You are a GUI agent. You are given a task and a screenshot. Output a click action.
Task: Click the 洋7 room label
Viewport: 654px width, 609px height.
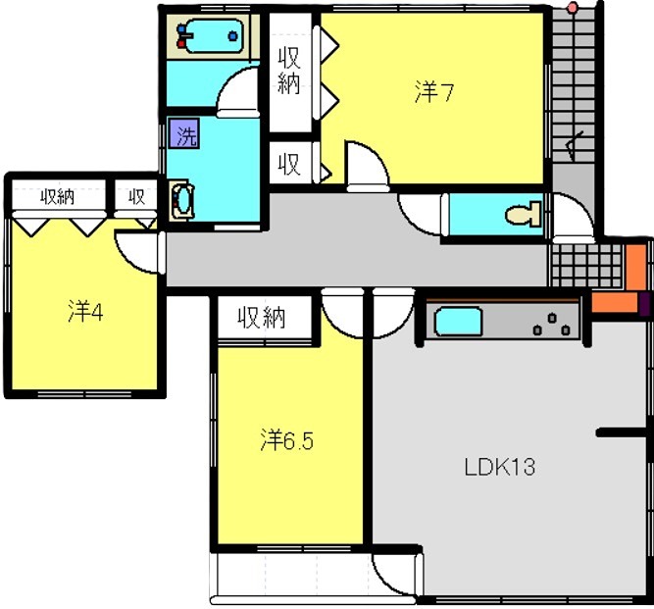pyautogui.click(x=433, y=92)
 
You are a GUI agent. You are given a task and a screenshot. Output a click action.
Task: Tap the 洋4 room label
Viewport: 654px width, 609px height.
pyautogui.click(x=85, y=311)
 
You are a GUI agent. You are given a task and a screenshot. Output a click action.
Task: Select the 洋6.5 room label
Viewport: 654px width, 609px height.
pyautogui.click(x=286, y=440)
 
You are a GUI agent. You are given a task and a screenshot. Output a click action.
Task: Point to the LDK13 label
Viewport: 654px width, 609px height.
pyautogui.click(x=500, y=467)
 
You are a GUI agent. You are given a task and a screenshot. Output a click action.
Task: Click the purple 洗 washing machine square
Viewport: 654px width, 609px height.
pyautogui.click(x=184, y=133)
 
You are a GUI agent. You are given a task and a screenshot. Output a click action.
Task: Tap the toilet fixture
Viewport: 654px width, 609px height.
pyautogui.click(x=523, y=215)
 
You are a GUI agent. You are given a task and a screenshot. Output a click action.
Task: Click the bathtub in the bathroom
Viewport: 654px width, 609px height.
pyautogui.click(x=214, y=36)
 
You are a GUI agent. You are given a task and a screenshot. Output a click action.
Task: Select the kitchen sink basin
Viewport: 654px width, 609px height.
pyautogui.click(x=458, y=322)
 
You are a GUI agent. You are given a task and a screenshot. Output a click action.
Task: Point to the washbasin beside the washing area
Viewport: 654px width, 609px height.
pyautogui.click(x=182, y=200)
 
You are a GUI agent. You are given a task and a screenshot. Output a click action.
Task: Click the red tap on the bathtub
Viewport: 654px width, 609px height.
pyautogui.click(x=181, y=43)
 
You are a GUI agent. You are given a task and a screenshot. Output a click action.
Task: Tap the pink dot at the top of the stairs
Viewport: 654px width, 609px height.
pyautogui.click(x=573, y=7)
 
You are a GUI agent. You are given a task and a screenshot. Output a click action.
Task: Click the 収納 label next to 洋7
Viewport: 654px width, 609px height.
pyautogui.click(x=289, y=70)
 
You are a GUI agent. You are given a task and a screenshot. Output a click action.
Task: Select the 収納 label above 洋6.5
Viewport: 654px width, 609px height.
pyautogui.click(x=262, y=318)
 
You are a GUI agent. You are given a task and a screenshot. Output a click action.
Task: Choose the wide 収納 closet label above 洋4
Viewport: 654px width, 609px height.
pyautogui.click(x=58, y=196)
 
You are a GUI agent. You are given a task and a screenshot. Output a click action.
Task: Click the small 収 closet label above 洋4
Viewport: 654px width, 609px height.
pyautogui.click(x=136, y=196)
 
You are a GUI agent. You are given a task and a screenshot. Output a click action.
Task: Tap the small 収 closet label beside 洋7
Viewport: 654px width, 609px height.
pyautogui.click(x=289, y=165)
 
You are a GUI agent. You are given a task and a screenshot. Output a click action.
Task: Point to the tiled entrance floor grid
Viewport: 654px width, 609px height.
pyautogui.click(x=587, y=266)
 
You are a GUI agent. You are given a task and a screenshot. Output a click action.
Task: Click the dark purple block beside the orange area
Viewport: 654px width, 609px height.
pyautogui.click(x=644, y=304)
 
